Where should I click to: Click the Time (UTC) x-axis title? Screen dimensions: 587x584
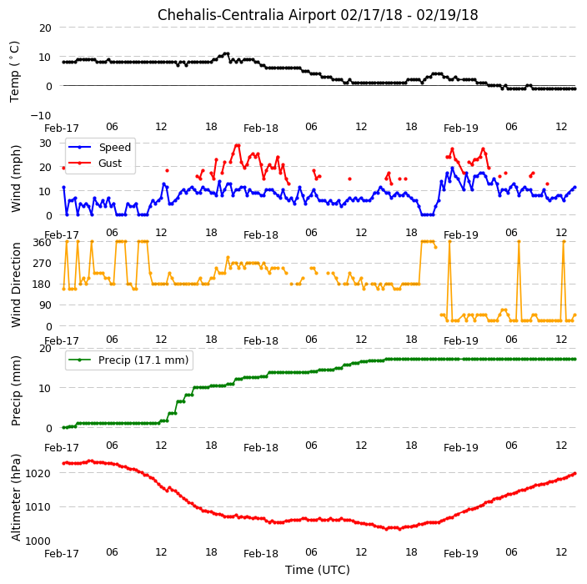coord(318,570)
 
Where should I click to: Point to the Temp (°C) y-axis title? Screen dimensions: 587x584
coord(14,72)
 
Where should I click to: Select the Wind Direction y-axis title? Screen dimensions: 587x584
coord(16,284)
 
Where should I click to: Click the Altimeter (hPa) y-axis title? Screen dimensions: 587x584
coord(16,497)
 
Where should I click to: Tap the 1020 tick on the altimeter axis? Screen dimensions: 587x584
coord(38,474)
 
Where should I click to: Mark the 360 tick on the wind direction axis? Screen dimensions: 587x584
coord(42,243)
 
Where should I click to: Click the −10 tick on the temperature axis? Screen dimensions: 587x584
coord(40,115)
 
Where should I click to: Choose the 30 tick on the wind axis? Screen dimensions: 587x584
coord(45,143)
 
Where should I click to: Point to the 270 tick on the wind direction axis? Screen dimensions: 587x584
coord(42,264)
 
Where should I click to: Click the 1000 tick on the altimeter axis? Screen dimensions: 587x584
coord(38,541)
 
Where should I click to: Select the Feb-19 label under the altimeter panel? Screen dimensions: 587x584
coord(461,554)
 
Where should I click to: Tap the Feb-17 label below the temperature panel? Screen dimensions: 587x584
coord(62,128)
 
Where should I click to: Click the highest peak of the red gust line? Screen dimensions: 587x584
coord(238,145)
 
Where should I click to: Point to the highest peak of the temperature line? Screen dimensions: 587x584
coord(226,53)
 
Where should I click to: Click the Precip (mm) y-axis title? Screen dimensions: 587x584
coord(16,390)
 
